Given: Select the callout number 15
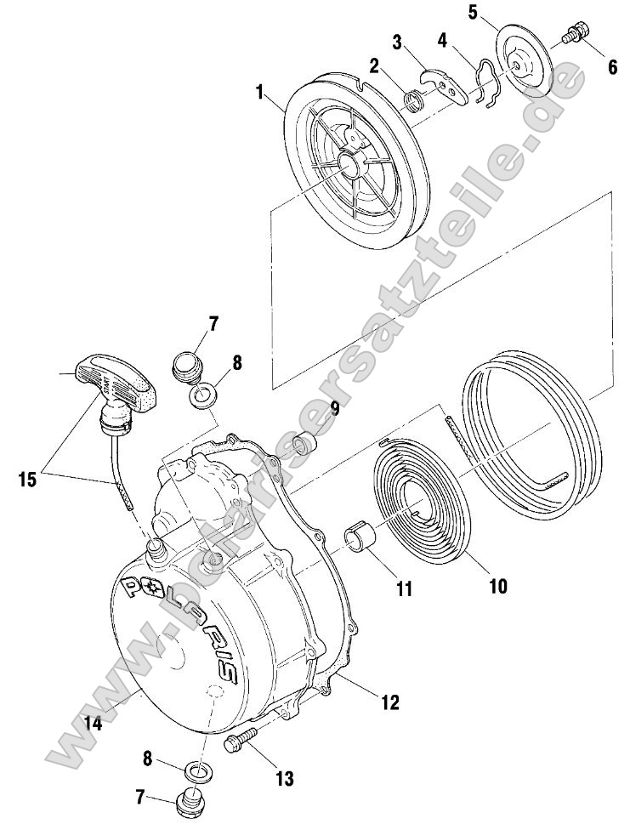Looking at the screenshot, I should pos(27,479).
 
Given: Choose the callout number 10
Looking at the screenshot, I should pos(498,586).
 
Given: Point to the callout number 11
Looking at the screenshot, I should pos(402,588).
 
